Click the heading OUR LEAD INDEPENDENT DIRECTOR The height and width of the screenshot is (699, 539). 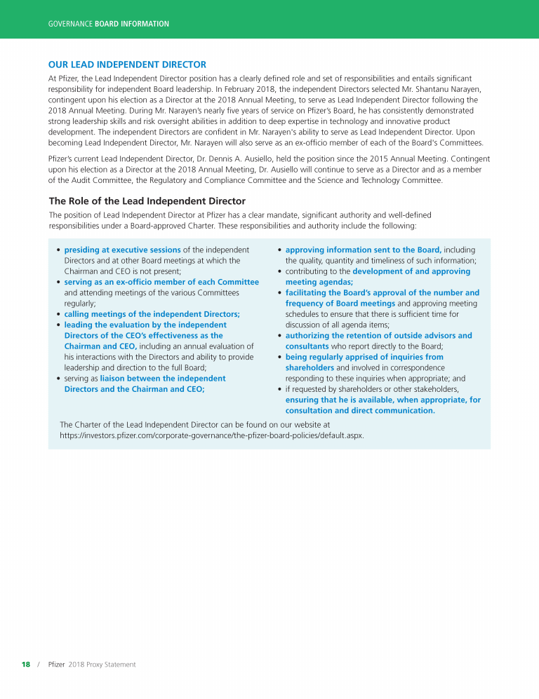click(x=127, y=65)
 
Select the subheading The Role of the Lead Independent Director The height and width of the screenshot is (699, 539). click(x=147, y=201)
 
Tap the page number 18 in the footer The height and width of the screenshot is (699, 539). click(x=26, y=664)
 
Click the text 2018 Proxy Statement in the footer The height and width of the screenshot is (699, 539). click(x=102, y=664)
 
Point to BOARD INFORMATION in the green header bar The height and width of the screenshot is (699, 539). click(x=132, y=24)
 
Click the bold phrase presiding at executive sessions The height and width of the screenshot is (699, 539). click(x=122, y=250)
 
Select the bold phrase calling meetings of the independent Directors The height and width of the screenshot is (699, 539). click(x=152, y=314)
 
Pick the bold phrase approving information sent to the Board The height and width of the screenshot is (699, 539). click(x=363, y=250)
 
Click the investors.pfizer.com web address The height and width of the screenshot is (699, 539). click(x=212, y=435)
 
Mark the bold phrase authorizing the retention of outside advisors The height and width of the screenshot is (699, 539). click(x=378, y=336)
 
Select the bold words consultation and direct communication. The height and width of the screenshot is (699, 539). click(x=360, y=411)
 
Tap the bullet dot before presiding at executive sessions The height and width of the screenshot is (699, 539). click(x=58, y=250)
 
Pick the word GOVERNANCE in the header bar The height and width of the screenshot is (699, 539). click(x=70, y=24)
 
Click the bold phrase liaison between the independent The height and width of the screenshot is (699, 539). click(x=163, y=379)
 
